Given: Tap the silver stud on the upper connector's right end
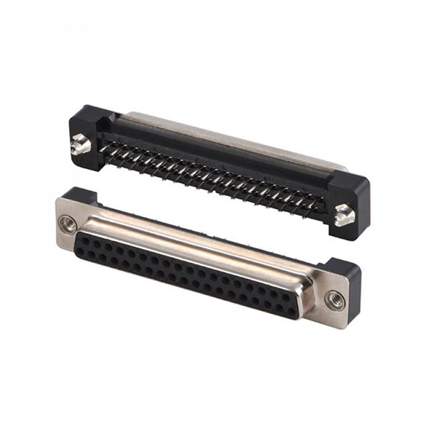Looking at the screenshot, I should tap(345, 214).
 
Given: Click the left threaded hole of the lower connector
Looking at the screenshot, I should tap(68, 223).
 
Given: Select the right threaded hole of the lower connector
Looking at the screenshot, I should tap(335, 299).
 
